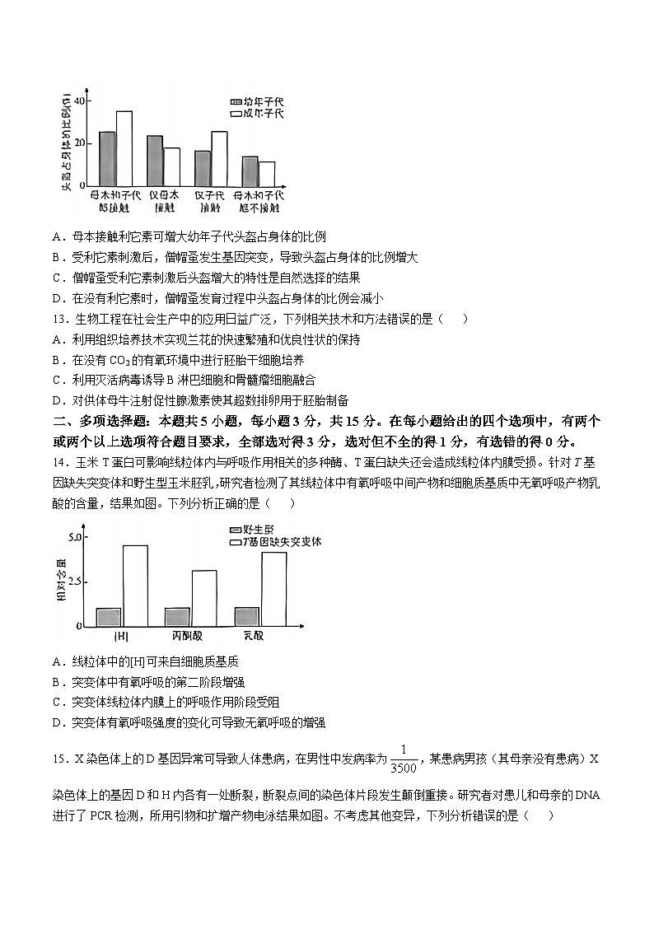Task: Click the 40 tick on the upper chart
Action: point(79,100)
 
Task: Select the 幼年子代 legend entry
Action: point(255,100)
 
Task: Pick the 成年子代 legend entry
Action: point(255,113)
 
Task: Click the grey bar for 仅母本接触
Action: point(155,161)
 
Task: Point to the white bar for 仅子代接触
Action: point(219,158)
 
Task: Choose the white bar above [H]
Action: point(135,586)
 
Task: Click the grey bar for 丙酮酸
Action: point(177,617)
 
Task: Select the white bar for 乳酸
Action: point(274,589)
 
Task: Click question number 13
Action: point(58,320)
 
